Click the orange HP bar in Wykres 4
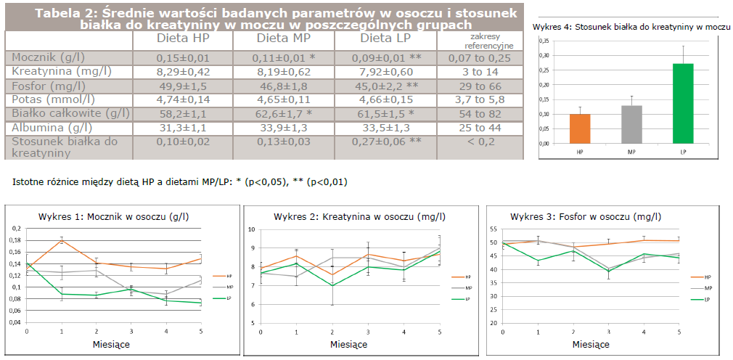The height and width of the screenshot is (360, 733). pyautogui.click(x=580, y=128)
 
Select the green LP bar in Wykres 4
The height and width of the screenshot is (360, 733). pyautogui.click(x=683, y=103)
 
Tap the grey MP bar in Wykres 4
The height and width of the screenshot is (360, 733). pyautogui.click(x=631, y=124)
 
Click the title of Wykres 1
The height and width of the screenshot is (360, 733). pyautogui.click(x=105, y=216)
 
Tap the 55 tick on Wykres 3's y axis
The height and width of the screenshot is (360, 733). pyautogui.click(x=494, y=229)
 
